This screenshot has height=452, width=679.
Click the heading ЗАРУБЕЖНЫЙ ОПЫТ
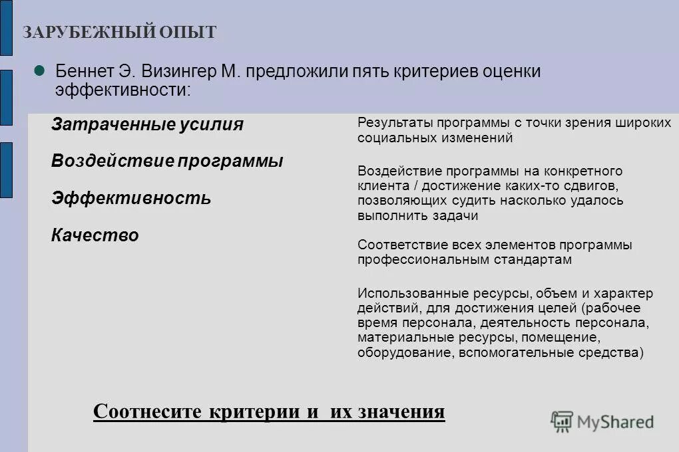(120, 33)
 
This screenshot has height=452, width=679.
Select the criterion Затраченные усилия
(147, 124)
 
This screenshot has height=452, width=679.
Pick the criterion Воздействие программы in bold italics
(167, 161)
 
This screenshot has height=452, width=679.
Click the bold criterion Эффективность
(131, 198)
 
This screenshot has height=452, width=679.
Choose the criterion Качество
(95, 235)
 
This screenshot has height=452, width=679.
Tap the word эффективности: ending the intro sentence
(123, 90)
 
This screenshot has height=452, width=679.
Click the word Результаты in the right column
(387, 123)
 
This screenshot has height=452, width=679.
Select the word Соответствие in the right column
(393, 245)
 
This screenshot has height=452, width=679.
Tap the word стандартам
(535, 260)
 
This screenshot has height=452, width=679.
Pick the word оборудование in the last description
(405, 353)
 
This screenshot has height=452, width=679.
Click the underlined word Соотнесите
(146, 411)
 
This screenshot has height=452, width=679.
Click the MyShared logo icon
(562, 421)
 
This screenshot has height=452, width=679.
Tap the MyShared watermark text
(616, 421)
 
